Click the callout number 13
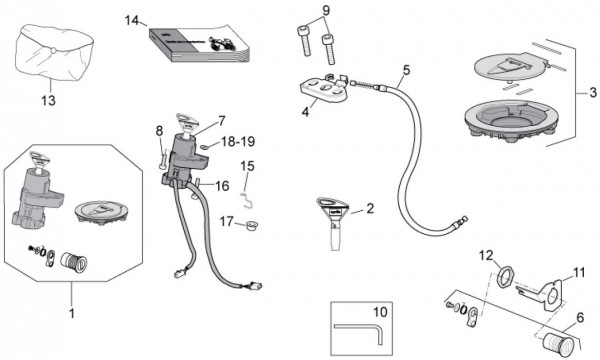click(x=49, y=100)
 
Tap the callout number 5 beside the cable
click(x=406, y=70)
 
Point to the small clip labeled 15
click(x=247, y=200)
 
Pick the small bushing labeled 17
click(x=251, y=225)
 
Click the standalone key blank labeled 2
click(x=332, y=223)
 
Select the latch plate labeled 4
click(x=324, y=90)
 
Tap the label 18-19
click(x=238, y=142)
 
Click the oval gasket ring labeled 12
click(x=505, y=277)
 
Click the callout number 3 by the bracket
click(x=593, y=92)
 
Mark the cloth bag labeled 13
click(x=54, y=52)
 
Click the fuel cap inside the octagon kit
click(x=100, y=212)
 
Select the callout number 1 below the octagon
click(x=72, y=314)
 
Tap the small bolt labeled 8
click(x=163, y=158)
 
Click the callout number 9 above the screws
click(x=326, y=10)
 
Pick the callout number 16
click(x=222, y=186)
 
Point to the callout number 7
click(x=222, y=121)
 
